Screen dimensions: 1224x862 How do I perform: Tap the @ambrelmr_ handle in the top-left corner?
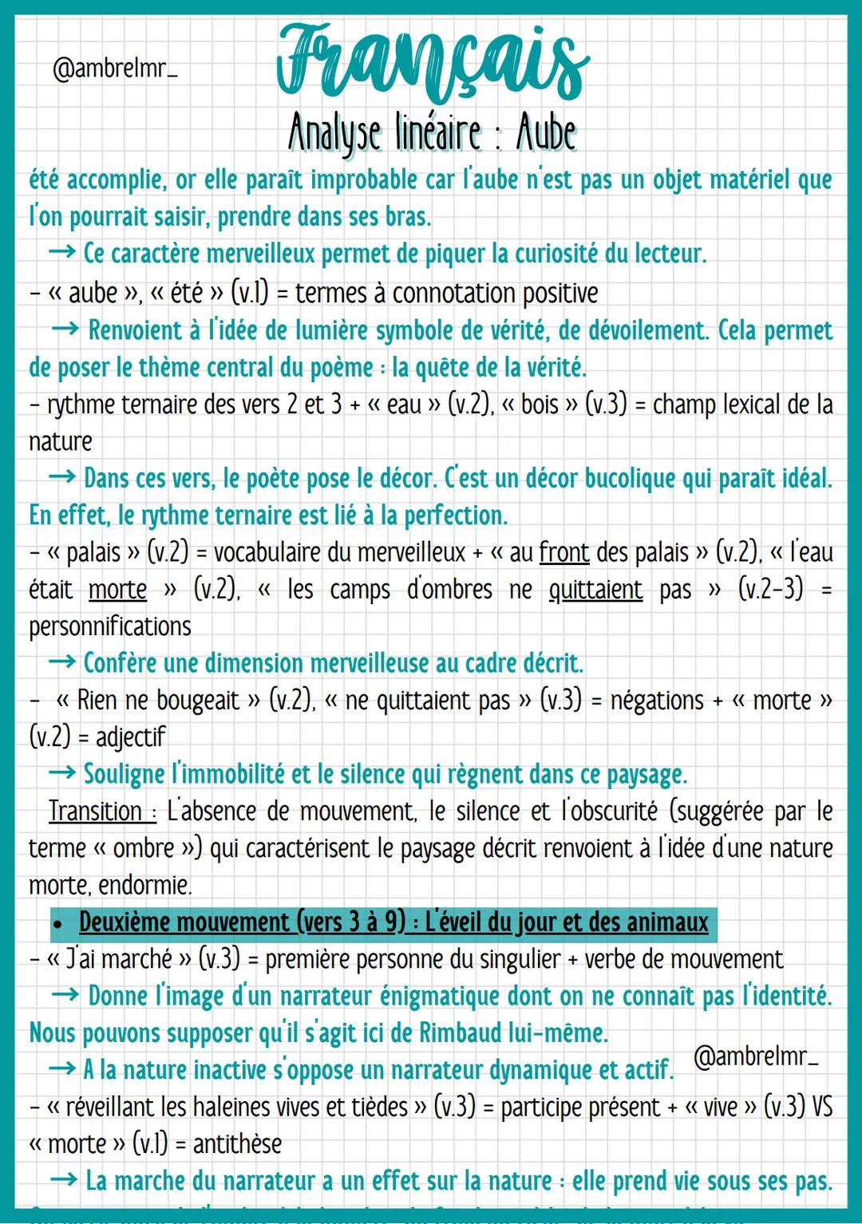click(x=114, y=68)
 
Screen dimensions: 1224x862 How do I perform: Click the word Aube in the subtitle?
click(x=546, y=132)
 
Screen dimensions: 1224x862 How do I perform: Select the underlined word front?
click(x=563, y=552)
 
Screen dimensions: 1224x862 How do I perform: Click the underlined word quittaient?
click(x=595, y=590)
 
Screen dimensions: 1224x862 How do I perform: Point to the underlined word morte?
click(x=117, y=590)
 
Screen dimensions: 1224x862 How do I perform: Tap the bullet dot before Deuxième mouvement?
click(x=57, y=924)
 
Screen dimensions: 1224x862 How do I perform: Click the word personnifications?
click(x=110, y=626)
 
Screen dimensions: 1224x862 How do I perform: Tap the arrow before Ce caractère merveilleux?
click(x=62, y=253)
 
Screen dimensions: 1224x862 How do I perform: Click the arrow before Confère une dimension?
click(x=62, y=663)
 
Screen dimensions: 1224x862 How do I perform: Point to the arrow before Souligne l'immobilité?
click(x=62, y=773)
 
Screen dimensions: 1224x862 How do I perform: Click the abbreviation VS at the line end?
click(x=821, y=1107)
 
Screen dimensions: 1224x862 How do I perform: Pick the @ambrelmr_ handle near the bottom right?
click(x=756, y=1056)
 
